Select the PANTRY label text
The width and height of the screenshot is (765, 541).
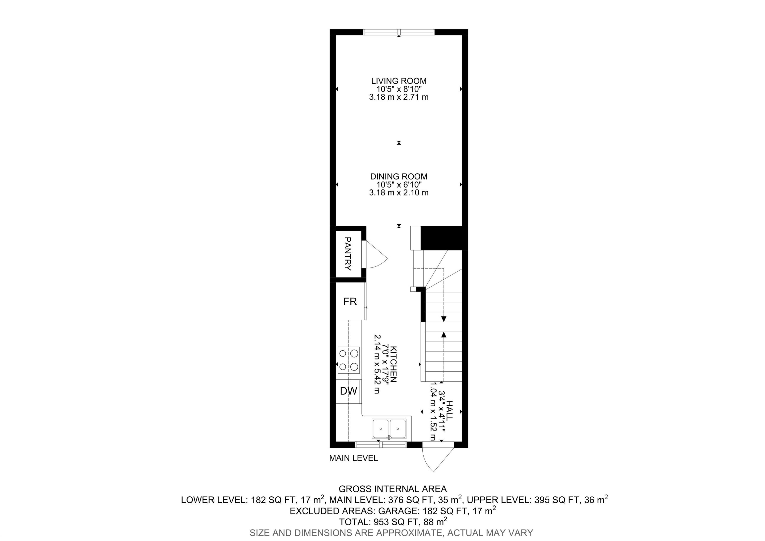coord(348,254)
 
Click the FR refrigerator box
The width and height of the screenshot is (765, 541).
coord(350,301)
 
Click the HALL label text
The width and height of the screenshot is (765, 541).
coord(449,411)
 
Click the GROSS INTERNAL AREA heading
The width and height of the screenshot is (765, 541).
coord(392,489)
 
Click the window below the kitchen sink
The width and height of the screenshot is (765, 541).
coord(381,444)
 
